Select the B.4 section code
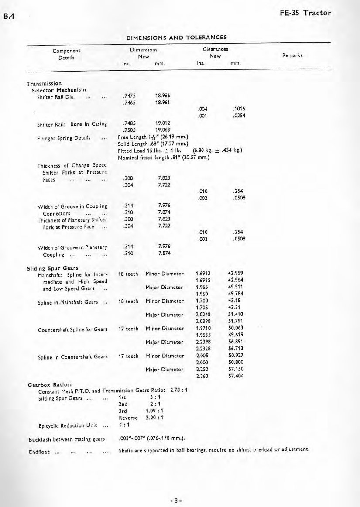tap(9, 17)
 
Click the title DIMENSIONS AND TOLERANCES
tap(176, 37)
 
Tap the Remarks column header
tap(292, 55)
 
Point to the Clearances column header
tap(216, 50)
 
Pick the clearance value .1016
tap(240, 110)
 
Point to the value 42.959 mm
tap(237, 274)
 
